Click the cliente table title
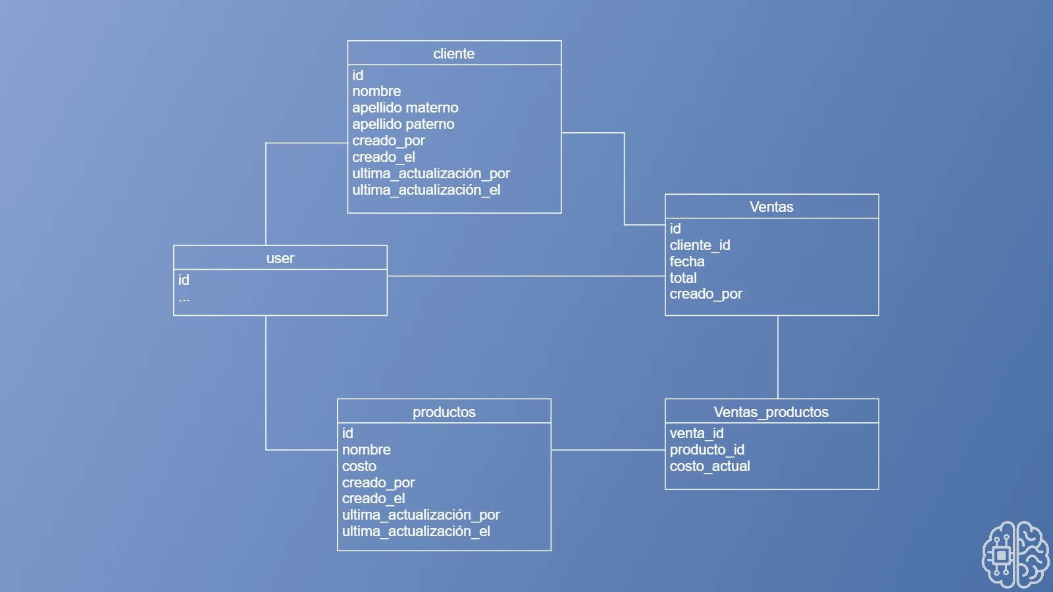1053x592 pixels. tap(453, 53)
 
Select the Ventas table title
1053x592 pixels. tap(771, 207)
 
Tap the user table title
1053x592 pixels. tap(280, 258)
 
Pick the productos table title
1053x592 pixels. tap(444, 412)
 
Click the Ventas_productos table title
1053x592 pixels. tap(771, 412)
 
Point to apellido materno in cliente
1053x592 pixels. tap(405, 107)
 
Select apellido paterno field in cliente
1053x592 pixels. tap(403, 124)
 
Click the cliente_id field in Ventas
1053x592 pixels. tap(700, 245)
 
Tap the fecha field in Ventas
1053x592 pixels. tap(686, 261)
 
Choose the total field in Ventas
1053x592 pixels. tap(682, 278)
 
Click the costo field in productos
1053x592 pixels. tap(359, 466)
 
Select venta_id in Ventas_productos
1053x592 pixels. tap(696, 433)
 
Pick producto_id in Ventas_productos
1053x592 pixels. tap(707, 449)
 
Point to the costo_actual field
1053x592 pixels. tap(709, 466)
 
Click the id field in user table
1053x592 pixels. tap(184, 280)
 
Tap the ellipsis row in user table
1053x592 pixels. tap(184, 299)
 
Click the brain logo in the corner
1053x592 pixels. tap(1015, 554)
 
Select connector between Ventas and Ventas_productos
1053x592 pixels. tap(778, 357)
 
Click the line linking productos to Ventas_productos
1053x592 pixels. tap(607, 450)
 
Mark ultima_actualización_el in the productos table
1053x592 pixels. tap(416, 531)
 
